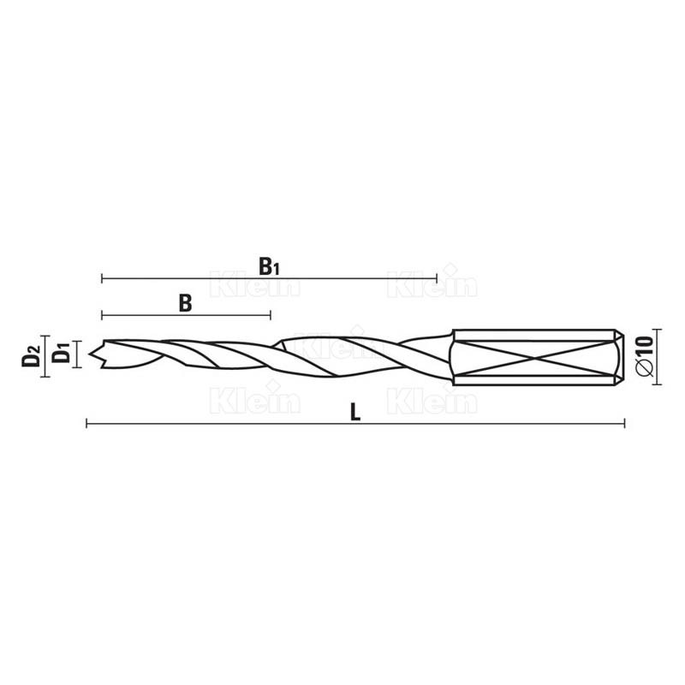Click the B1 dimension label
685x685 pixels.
click(x=269, y=266)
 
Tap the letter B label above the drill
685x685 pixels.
click(x=185, y=303)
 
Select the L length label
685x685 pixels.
click(x=355, y=412)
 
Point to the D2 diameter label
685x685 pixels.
click(x=31, y=355)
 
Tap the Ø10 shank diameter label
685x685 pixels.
click(x=646, y=356)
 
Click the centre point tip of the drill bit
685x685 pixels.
click(x=90, y=354)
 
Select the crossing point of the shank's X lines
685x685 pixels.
click(x=534, y=358)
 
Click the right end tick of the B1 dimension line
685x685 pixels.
click(x=437, y=278)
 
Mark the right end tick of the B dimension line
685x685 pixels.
click(x=271, y=315)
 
